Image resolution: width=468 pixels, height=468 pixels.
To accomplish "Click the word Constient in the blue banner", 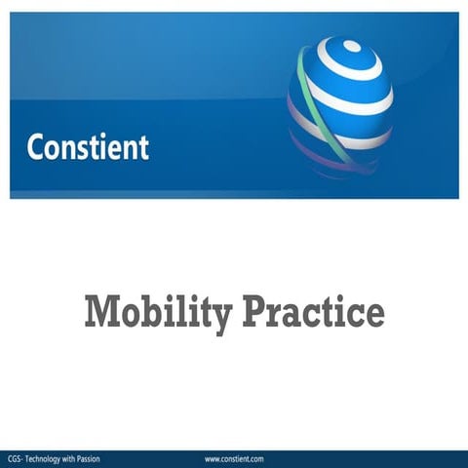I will coord(88,147).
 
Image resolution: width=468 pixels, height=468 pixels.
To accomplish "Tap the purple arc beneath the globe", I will coord(322,156).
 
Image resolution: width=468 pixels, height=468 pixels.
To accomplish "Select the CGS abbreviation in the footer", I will coord(15,458).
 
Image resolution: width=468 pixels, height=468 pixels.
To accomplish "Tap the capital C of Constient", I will coord(36,147).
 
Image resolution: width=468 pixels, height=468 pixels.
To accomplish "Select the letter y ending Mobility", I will coord(221,317).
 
